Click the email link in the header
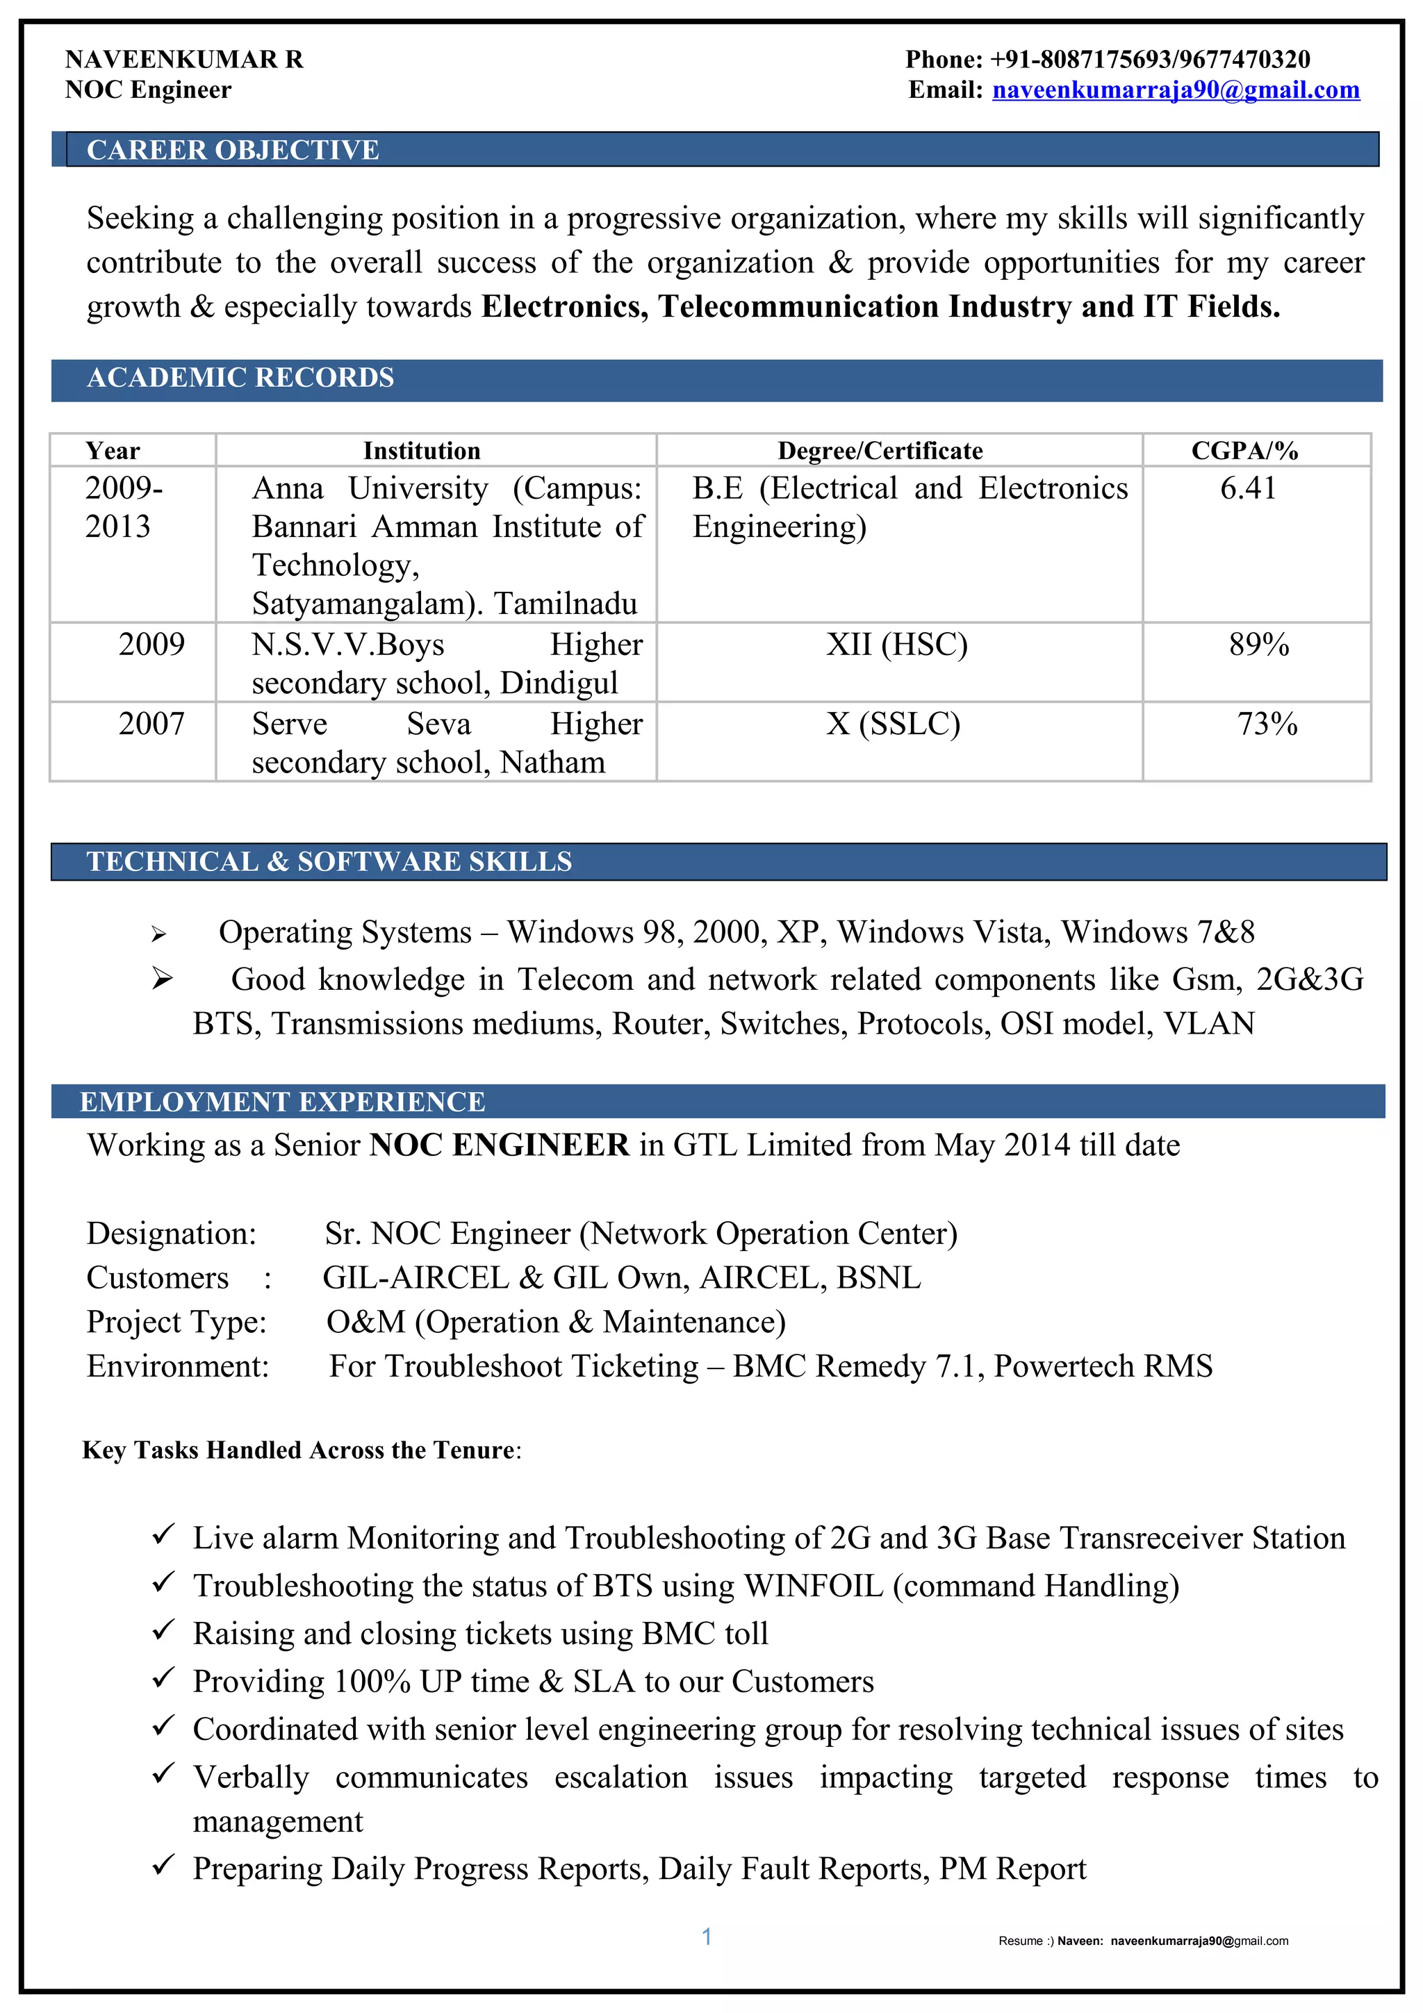(x=1175, y=90)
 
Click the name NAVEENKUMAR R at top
(x=184, y=60)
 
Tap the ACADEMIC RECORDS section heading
(x=240, y=378)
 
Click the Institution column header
(x=422, y=451)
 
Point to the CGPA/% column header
(x=1244, y=451)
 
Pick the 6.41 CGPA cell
(x=1248, y=488)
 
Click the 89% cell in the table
(x=1258, y=645)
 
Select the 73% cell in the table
(x=1266, y=724)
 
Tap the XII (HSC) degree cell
(x=896, y=645)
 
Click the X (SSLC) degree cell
(x=893, y=724)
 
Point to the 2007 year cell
(x=151, y=724)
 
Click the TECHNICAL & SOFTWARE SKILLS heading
(x=329, y=862)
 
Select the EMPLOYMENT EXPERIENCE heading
(x=282, y=1102)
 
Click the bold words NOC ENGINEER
(x=499, y=1145)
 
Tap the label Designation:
(x=172, y=1234)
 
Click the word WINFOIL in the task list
(x=813, y=1586)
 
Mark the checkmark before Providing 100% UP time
(x=163, y=1678)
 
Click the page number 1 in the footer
(x=707, y=1937)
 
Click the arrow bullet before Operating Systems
(x=158, y=935)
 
